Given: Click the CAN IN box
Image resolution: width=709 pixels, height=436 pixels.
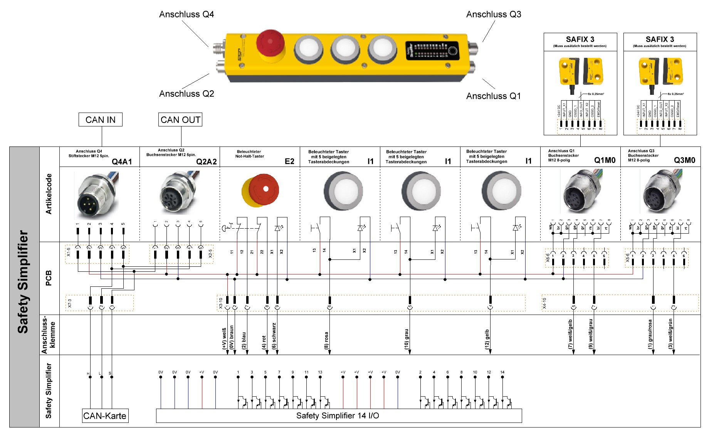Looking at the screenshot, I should pyautogui.click(x=100, y=120).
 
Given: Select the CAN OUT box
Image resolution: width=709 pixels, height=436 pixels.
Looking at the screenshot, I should pyautogui.click(x=180, y=120).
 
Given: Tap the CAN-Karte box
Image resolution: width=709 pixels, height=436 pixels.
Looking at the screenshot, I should pyautogui.click(x=105, y=416).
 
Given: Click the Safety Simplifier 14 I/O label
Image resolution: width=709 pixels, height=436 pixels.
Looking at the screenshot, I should pyautogui.click(x=338, y=416).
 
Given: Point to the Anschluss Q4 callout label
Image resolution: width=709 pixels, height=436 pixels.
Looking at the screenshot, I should pyautogui.click(x=186, y=15).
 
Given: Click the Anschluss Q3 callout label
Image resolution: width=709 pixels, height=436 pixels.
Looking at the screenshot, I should pyautogui.click(x=494, y=15).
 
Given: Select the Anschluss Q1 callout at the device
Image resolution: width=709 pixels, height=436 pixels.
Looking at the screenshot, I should pyautogui.click(x=493, y=96).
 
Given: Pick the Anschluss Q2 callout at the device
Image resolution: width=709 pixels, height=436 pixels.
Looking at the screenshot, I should pyautogui.click(x=186, y=94).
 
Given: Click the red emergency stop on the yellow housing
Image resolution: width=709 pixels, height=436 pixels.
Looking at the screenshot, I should pyautogui.click(x=270, y=43).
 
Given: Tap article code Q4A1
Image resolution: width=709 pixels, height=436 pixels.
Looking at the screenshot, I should pyautogui.click(x=122, y=162).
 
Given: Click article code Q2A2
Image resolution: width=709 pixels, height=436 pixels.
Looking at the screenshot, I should pyautogui.click(x=207, y=162).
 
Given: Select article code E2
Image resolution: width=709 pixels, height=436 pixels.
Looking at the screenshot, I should pyautogui.click(x=289, y=161).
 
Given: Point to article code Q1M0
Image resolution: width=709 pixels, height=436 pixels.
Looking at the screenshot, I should pyautogui.click(x=605, y=160).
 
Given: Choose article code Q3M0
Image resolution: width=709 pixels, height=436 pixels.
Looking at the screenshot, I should pyautogui.click(x=684, y=160).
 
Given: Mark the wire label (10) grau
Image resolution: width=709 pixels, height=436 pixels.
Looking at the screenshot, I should pyautogui.click(x=407, y=339).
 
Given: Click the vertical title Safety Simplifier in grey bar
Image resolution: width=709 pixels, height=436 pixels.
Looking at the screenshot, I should pyautogui.click(x=24, y=282).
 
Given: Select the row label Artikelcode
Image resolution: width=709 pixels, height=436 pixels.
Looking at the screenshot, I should pyautogui.click(x=49, y=194).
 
